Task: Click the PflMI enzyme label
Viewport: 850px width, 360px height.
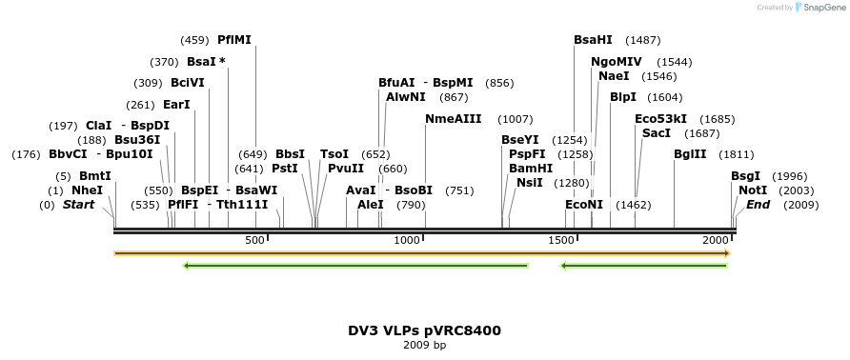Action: [234, 40]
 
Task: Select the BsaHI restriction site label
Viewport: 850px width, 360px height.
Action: [593, 40]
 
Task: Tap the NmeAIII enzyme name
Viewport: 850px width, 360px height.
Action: [454, 119]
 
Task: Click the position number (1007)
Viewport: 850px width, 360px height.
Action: [516, 119]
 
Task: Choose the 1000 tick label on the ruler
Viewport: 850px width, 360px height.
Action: [407, 241]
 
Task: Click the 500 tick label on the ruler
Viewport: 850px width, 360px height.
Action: [254, 241]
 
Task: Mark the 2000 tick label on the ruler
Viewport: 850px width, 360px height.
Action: [716, 241]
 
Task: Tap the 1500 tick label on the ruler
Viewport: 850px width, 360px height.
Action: [560, 241]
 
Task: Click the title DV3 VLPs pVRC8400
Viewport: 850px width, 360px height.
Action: [424, 330]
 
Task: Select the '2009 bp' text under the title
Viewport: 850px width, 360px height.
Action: [424, 345]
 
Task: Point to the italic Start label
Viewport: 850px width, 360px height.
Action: [79, 205]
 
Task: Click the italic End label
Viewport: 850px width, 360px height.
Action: [758, 205]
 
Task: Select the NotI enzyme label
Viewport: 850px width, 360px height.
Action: [752, 190]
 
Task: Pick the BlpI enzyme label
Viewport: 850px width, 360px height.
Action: [623, 97]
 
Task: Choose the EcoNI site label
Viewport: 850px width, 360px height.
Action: [584, 205]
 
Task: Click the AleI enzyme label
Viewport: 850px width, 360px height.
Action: [371, 205]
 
